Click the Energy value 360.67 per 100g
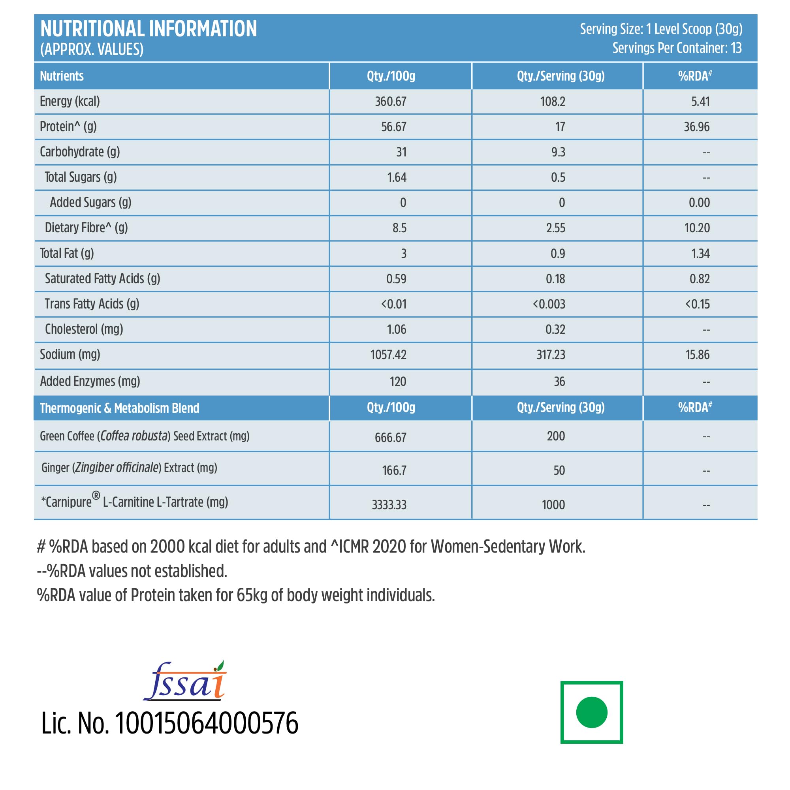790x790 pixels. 391,102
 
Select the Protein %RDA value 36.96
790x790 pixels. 696,127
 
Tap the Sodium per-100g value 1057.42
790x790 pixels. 388,355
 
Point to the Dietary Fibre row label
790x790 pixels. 86,228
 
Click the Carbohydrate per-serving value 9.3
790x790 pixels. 558,152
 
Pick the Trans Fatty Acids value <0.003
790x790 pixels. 549,304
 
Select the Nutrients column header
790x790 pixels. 62,76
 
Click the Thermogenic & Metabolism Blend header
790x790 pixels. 119,408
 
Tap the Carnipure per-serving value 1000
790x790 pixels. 553,505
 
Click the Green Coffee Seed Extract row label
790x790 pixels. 144,436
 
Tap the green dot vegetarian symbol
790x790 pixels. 591,712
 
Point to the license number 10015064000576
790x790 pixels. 207,724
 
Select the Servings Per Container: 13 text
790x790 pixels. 677,48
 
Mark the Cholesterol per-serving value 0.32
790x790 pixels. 555,329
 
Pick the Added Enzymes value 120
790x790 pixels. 397,382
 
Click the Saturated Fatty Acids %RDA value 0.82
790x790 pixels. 699,279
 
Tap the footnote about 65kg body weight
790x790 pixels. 235,595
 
